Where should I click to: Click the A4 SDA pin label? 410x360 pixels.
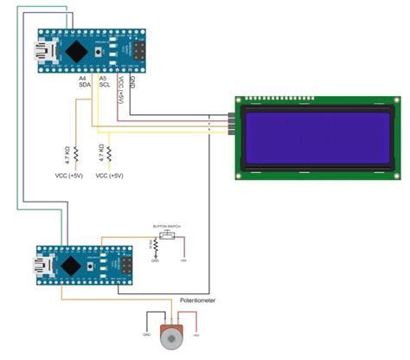click(x=85, y=81)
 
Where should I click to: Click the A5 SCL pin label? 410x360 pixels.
click(x=105, y=81)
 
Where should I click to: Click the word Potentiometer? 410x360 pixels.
click(x=198, y=300)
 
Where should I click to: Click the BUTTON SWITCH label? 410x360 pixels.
click(x=166, y=227)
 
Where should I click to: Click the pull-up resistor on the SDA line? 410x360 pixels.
click(x=75, y=156)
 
